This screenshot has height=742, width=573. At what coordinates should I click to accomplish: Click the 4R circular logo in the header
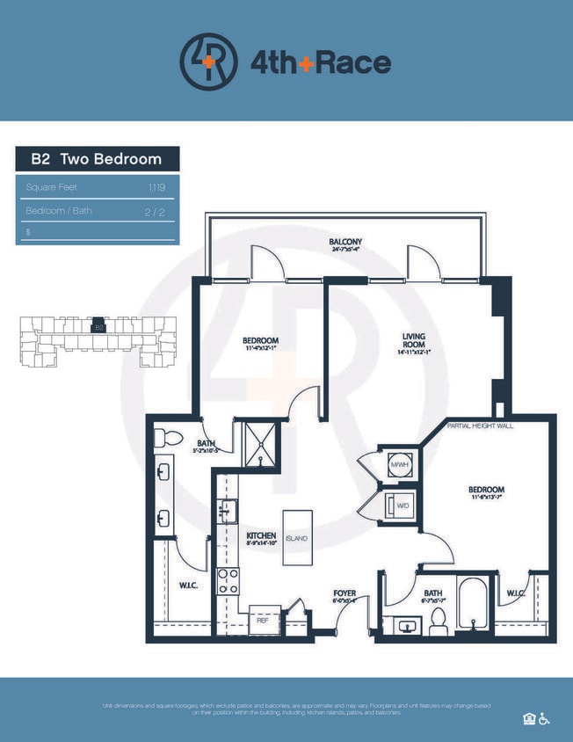(x=208, y=62)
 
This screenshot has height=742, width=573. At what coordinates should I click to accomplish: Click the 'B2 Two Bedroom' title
(x=97, y=159)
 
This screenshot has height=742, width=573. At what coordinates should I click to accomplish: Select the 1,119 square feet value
(x=157, y=187)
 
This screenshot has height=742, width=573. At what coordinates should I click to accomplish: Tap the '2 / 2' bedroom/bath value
(x=156, y=211)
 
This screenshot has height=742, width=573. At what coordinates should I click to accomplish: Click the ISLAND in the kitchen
(x=297, y=538)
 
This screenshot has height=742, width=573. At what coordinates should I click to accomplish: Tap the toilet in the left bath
(x=171, y=438)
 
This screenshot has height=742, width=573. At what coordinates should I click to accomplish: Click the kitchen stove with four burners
(x=228, y=580)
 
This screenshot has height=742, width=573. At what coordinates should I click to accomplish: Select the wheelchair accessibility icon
(x=545, y=718)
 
